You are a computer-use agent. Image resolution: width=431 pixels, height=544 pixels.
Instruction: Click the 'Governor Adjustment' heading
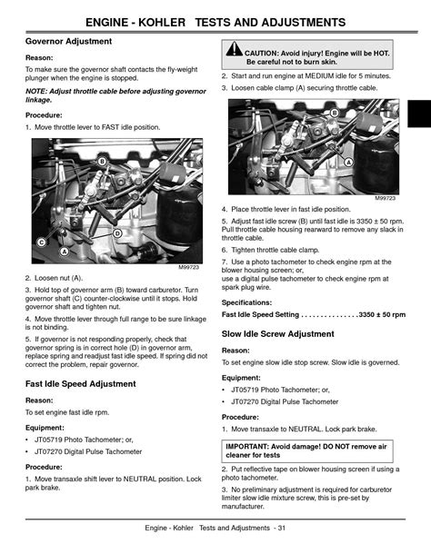click(69, 42)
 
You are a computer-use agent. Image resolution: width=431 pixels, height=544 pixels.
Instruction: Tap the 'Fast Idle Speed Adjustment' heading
click(81, 384)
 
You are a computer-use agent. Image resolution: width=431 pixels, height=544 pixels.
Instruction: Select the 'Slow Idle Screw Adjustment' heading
click(277, 334)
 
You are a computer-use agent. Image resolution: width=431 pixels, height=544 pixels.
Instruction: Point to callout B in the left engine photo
click(102, 161)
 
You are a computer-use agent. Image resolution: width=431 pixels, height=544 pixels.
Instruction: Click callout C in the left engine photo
click(41, 242)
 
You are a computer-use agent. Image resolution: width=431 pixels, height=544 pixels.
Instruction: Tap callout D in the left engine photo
click(117, 232)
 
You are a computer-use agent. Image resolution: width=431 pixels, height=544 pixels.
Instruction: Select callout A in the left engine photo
click(64, 251)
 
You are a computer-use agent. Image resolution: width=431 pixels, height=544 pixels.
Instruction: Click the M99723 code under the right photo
click(385, 197)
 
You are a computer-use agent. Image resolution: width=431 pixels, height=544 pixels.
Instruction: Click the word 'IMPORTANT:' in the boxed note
click(249, 445)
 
